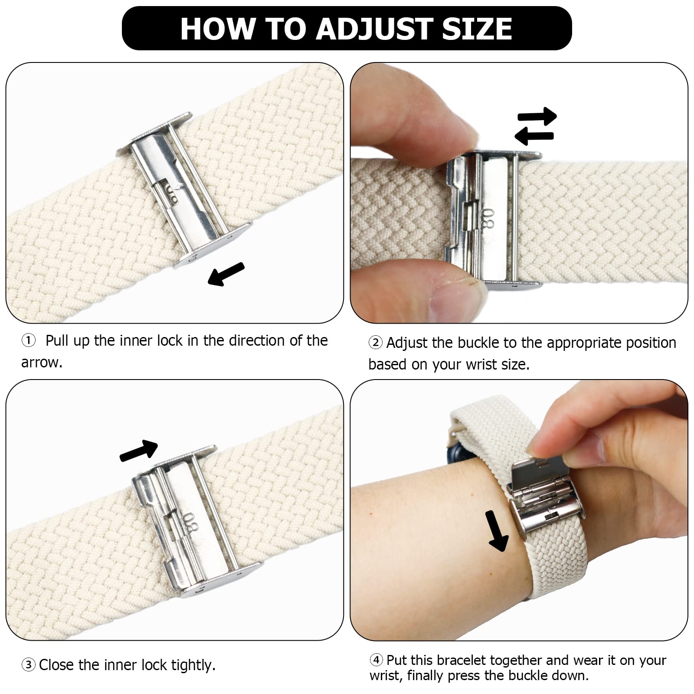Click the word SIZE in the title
[x=477, y=29]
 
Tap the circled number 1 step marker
[x=29, y=340]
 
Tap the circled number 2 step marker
[x=376, y=343]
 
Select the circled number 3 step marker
[x=29, y=665]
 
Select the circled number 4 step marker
[x=376, y=660]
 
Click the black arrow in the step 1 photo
[x=226, y=274]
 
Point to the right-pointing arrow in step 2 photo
[x=537, y=116]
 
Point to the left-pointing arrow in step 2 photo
[x=534, y=136]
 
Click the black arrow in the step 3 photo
[x=138, y=451]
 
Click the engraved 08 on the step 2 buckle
[x=489, y=219]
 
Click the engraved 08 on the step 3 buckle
[x=191, y=524]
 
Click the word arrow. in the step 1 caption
[x=42, y=363]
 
